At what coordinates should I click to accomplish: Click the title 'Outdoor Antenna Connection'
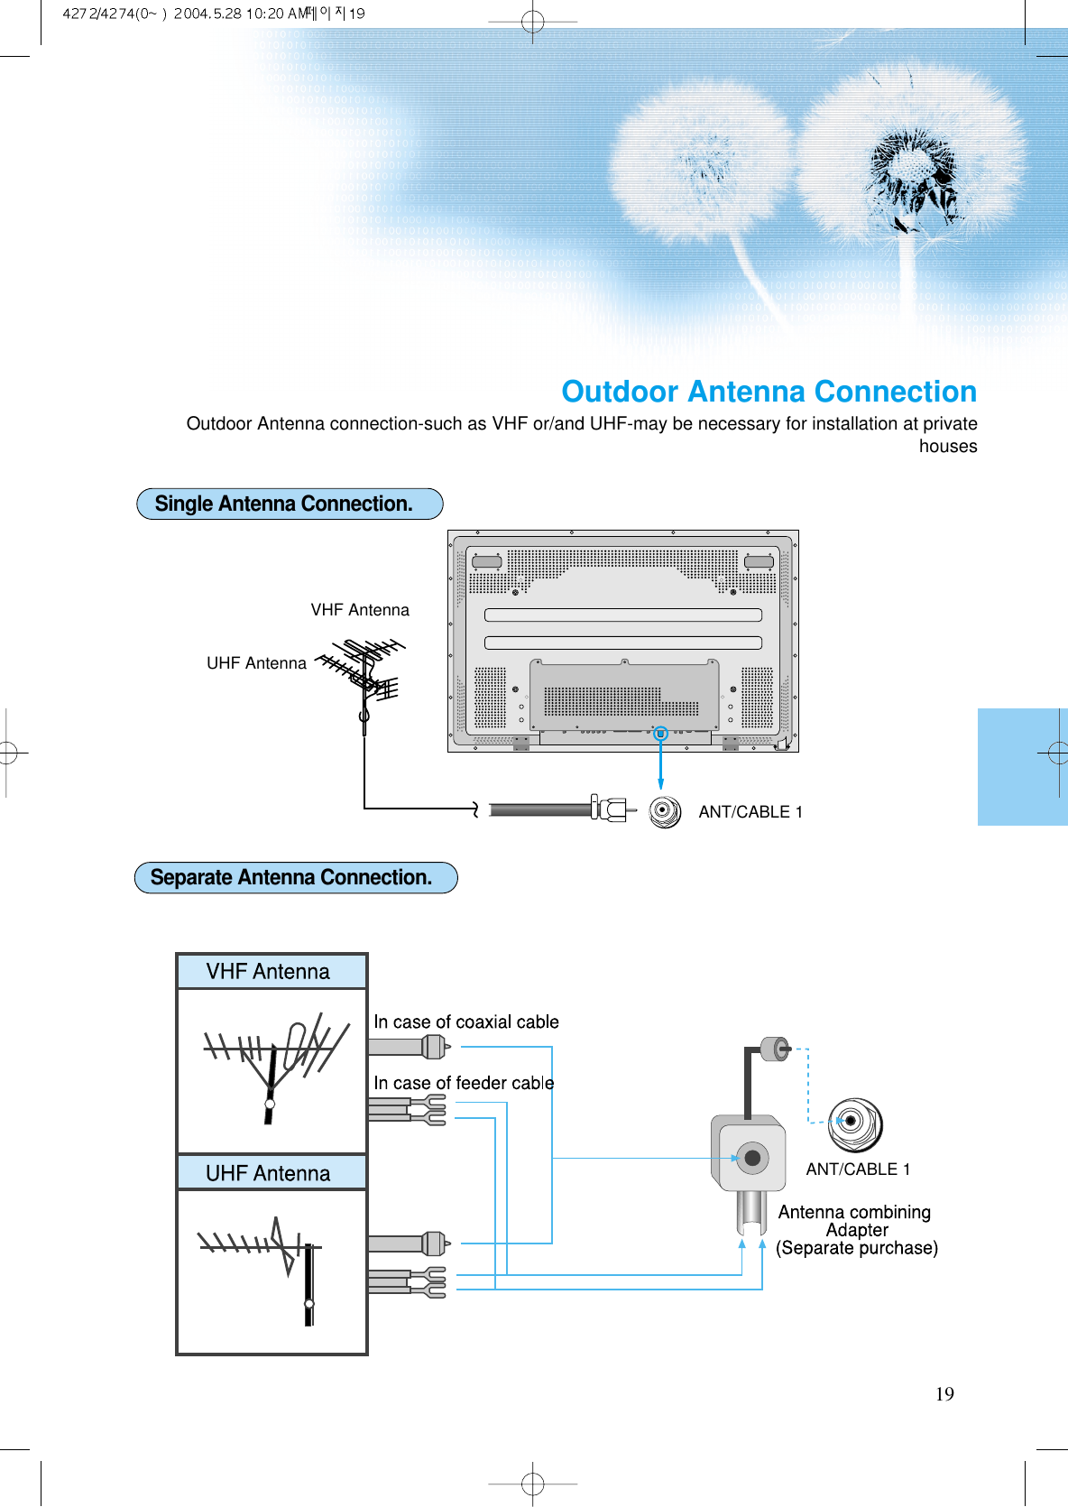(769, 392)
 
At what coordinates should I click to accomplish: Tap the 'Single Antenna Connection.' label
(284, 504)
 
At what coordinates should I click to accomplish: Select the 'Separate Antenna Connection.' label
(291, 877)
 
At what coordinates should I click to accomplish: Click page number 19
(944, 1394)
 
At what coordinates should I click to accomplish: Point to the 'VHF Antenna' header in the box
(269, 972)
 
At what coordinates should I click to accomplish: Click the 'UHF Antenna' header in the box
(269, 1173)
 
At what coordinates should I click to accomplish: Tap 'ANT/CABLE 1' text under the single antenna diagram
(750, 812)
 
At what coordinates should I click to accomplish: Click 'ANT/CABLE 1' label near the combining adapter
(858, 1170)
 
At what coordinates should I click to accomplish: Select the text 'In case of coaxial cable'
(466, 1022)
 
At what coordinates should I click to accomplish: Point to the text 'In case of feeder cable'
(464, 1083)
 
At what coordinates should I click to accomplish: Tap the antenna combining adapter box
(749, 1154)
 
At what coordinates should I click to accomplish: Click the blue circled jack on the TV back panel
(660, 734)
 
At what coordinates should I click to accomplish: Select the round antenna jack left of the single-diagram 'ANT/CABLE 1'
(665, 810)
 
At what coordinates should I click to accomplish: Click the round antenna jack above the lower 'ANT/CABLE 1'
(854, 1124)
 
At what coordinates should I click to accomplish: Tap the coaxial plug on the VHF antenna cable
(434, 1047)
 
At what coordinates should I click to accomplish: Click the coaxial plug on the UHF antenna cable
(434, 1244)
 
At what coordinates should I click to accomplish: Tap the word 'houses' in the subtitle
(947, 447)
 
